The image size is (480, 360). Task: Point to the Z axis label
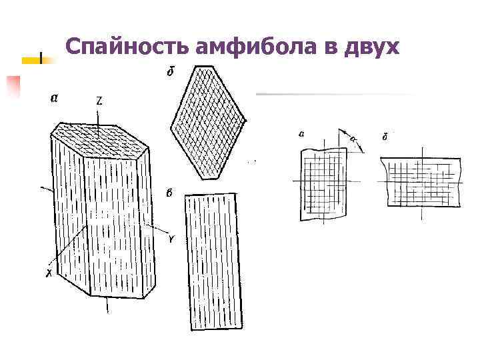[99, 101]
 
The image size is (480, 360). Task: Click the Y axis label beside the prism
[171, 239]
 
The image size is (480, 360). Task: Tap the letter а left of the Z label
[54, 98]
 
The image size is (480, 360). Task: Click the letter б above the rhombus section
[170, 71]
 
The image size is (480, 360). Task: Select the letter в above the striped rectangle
[169, 194]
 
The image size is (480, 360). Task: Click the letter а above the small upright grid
[302, 134]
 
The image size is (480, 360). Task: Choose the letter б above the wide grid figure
[385, 137]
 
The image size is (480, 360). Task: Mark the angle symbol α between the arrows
[352, 138]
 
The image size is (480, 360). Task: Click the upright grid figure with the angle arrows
[323, 183]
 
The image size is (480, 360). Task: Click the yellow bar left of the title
[33, 61]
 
